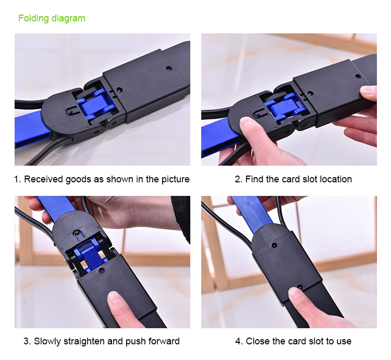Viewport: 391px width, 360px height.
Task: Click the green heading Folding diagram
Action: (52, 18)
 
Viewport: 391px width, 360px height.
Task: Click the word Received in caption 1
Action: (43, 179)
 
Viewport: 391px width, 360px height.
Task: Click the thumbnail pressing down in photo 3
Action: (114, 297)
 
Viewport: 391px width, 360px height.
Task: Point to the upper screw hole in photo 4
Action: (274, 245)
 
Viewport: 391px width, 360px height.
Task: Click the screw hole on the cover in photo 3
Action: (101, 270)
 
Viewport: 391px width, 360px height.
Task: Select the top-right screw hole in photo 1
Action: (169, 68)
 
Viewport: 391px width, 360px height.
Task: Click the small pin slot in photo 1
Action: (70, 111)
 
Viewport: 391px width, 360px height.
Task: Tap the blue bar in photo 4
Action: (252, 214)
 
